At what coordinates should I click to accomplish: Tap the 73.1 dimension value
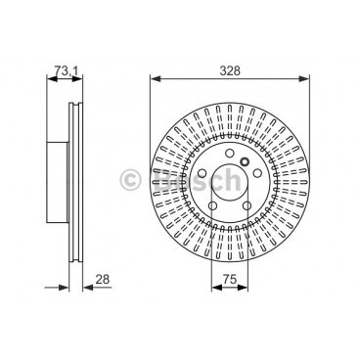[x=62, y=70]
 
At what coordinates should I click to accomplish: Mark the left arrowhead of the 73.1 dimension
[x=45, y=81]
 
